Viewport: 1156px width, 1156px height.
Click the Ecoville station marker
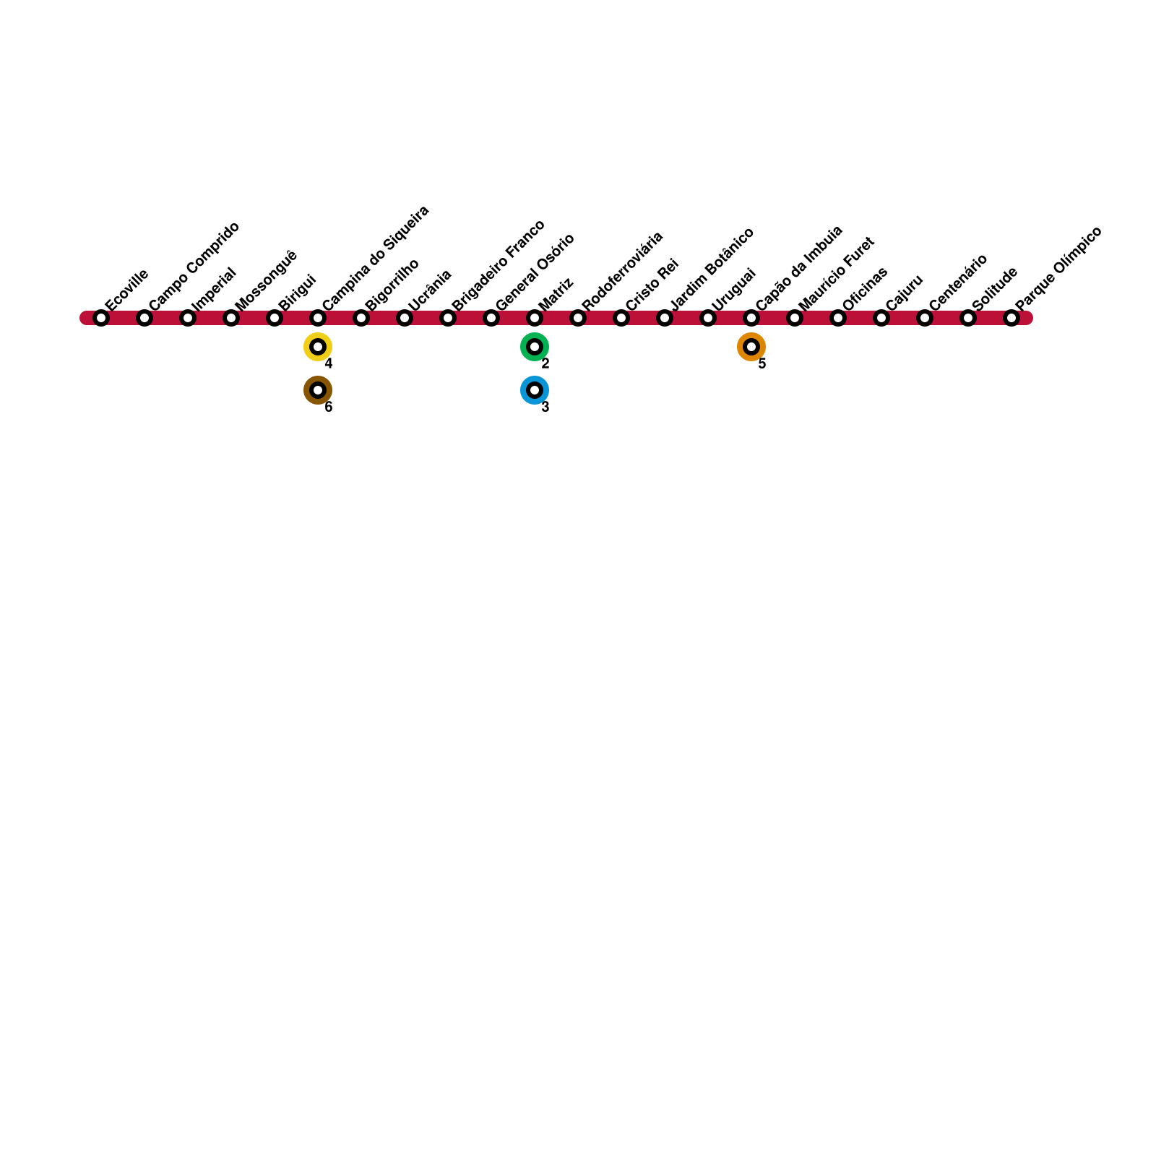pos(101,318)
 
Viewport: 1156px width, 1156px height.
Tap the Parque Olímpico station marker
pos(1011,318)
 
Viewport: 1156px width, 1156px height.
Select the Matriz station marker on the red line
pos(535,318)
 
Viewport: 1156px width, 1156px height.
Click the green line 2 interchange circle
pos(535,347)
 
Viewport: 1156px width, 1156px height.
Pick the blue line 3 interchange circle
pos(535,390)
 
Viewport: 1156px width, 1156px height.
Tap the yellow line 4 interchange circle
pos(318,347)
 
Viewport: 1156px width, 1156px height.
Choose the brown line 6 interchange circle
pos(318,390)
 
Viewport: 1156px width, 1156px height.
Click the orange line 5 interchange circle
pos(751,347)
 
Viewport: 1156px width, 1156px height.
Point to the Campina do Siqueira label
pos(376,258)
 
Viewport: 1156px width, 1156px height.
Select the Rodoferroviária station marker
pos(578,318)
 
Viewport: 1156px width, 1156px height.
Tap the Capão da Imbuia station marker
pos(751,318)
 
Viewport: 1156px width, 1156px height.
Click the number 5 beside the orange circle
pos(762,364)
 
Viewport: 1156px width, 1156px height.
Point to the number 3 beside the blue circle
pos(545,407)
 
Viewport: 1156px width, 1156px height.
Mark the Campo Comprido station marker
pos(144,318)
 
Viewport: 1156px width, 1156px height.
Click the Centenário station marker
pos(925,318)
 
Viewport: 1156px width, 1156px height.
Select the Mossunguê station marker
pos(231,318)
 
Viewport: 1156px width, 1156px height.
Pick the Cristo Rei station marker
pos(621,318)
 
